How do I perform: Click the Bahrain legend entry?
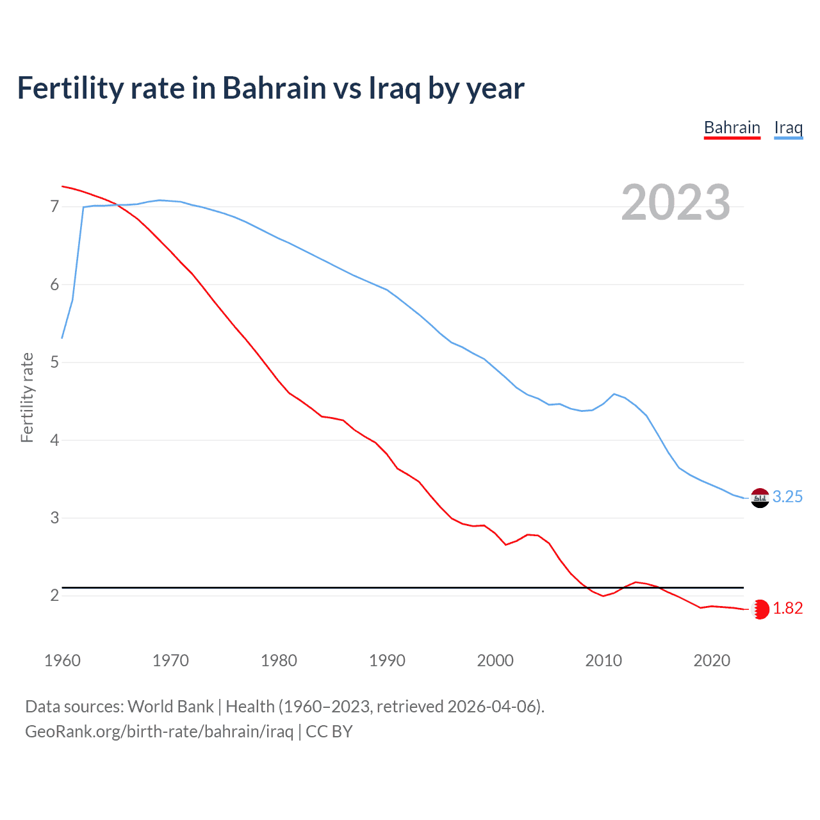pos(732,127)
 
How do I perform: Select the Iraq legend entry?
pos(788,127)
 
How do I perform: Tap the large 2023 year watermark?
pos(676,202)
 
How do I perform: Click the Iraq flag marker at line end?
pos(760,498)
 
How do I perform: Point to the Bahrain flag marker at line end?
pos(760,609)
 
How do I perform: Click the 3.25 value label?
pos(787,497)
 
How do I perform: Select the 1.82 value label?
pos(787,609)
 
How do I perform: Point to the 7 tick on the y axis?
pos(54,207)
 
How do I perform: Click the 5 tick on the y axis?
pos(54,363)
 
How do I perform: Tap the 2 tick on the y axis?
pos(54,596)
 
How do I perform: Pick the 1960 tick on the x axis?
pos(62,660)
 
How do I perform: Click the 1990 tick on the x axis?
pos(387,660)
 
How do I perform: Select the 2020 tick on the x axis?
pos(712,660)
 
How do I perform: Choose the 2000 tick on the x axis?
pos(495,660)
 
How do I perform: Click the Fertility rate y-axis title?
pos(27,397)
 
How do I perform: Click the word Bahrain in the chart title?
pos(274,88)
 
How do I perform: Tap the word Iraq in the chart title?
pos(394,88)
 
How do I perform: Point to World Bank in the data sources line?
pos(170,707)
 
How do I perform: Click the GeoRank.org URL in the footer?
pos(159,732)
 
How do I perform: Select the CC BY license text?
pos(329,732)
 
